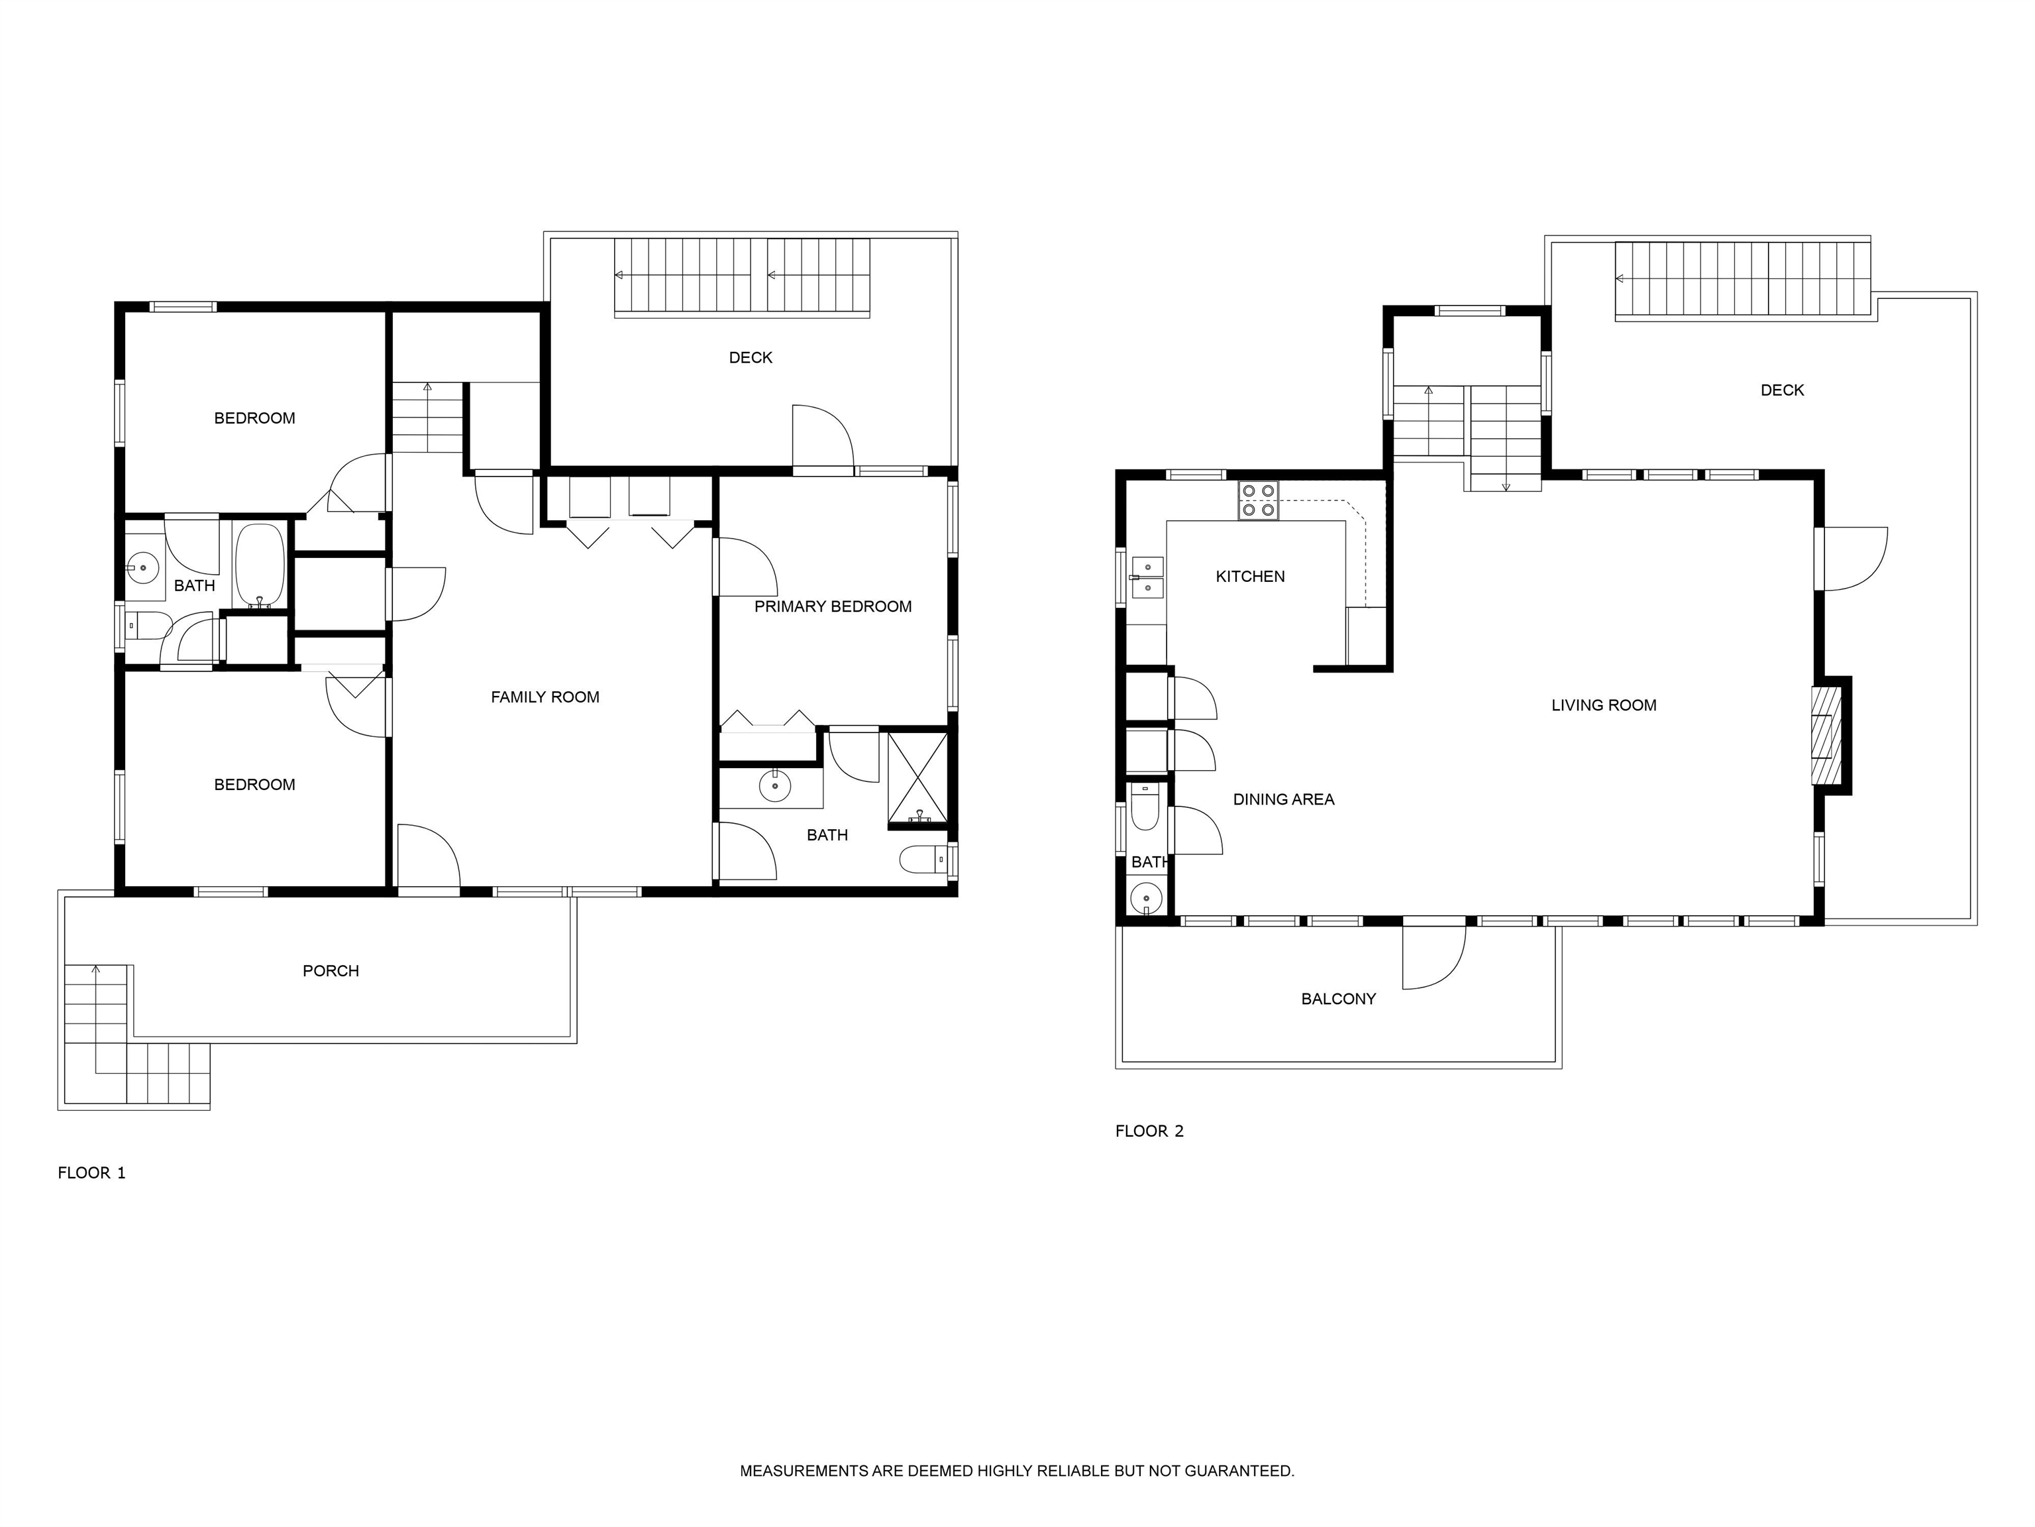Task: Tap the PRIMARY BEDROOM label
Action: [833, 606]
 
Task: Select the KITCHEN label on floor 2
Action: [1249, 576]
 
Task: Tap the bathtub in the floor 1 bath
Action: [260, 566]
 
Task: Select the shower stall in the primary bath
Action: [917, 777]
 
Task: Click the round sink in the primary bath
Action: [774, 786]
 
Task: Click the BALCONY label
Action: [1337, 999]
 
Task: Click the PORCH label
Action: [331, 971]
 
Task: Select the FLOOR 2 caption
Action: [1149, 1131]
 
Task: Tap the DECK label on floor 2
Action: [1782, 390]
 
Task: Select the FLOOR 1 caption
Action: [91, 1172]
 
